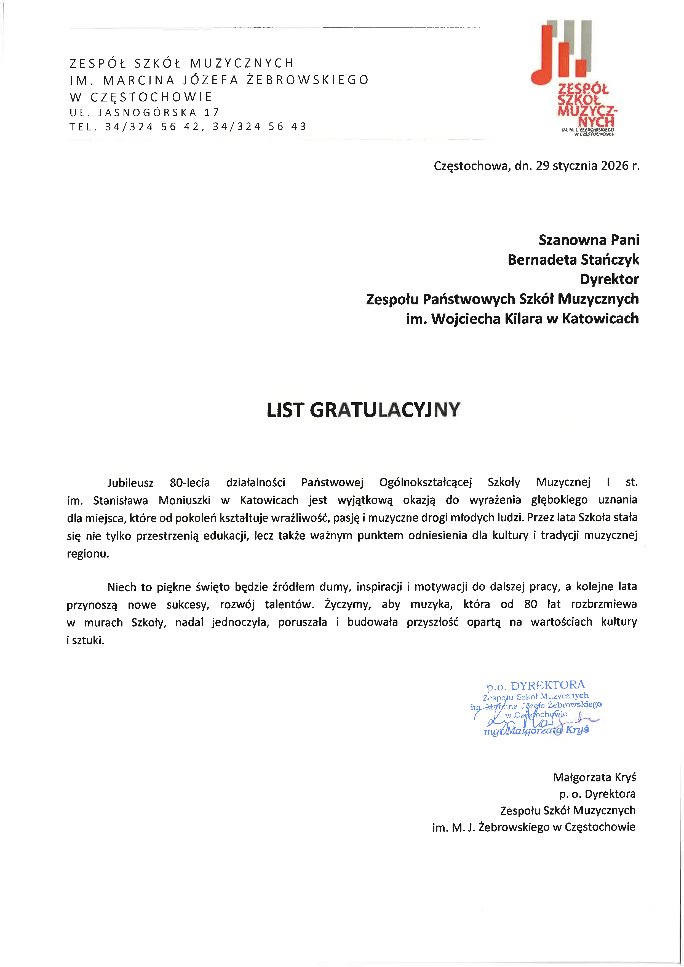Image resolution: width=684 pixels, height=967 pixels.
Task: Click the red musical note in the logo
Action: tap(543, 63)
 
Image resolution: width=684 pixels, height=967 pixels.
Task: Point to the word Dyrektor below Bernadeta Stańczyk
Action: tap(609, 279)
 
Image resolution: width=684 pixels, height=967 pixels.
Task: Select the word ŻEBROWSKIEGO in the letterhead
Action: tap(308, 80)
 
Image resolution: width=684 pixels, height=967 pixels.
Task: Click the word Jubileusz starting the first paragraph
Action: tap(130, 483)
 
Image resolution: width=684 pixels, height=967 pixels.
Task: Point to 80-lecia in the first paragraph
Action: tap(189, 483)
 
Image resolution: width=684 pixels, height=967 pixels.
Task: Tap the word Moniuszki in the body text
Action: tap(185, 500)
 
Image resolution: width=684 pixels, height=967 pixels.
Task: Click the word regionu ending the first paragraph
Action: tap(88, 554)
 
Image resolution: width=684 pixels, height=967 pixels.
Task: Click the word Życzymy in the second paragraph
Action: tap(348, 605)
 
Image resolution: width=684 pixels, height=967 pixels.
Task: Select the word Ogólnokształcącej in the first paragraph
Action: tap(425, 483)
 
